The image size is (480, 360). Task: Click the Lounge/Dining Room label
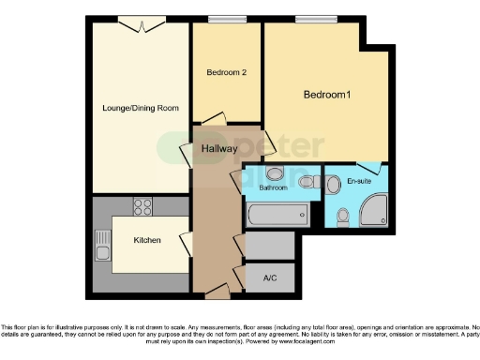click(x=141, y=108)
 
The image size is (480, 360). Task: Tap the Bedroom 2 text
click(x=226, y=71)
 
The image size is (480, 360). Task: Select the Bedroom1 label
click(x=326, y=95)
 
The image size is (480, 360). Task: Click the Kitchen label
click(x=147, y=241)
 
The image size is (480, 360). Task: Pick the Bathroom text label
click(x=273, y=187)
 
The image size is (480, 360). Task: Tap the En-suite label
click(x=359, y=181)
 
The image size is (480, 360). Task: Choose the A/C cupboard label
click(x=270, y=277)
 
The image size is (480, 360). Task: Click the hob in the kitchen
click(x=142, y=206)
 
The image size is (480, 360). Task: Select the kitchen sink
click(x=102, y=247)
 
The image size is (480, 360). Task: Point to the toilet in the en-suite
click(x=342, y=217)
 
